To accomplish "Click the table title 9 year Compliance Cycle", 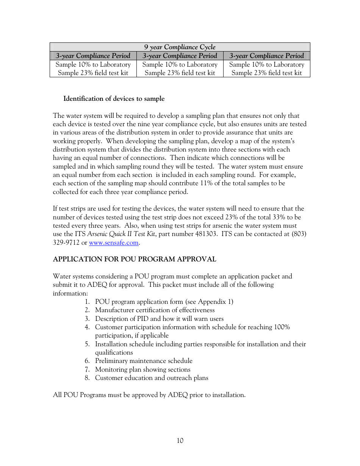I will click(x=180, y=47).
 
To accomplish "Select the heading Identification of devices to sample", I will click(x=114, y=99).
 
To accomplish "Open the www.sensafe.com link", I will click(x=114, y=242).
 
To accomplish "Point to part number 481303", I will click(x=206, y=234).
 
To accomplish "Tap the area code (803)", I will click(x=299, y=234).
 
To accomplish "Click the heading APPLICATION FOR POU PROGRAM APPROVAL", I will click(x=135, y=260).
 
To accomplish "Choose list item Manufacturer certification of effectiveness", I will click(x=155, y=310).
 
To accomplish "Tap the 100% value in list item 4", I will click(x=282, y=327).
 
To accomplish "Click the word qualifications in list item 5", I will click(x=114, y=353).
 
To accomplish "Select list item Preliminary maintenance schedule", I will click(x=144, y=361).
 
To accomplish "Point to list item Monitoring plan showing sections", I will click(x=142, y=370).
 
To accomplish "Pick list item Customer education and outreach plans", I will click(x=152, y=378).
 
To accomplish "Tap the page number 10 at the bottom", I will click(x=180, y=441).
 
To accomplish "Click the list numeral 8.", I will click(x=87, y=378).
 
